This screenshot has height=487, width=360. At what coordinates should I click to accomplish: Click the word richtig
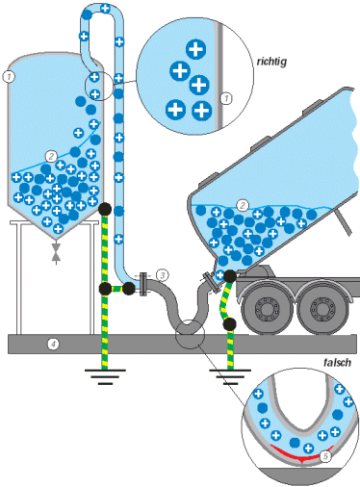pos(271,62)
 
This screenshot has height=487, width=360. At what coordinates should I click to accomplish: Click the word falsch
pos(337,363)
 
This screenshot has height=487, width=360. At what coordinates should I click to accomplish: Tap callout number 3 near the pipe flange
pos(163,275)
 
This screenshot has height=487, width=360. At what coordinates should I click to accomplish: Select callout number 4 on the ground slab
pos(53,345)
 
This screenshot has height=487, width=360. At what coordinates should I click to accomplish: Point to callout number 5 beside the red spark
pos(325,456)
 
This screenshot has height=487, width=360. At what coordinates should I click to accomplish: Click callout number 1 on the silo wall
pos(9,77)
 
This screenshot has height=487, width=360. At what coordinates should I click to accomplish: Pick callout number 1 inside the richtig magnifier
pos(226,98)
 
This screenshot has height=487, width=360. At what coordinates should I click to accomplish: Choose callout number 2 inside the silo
pos(51,157)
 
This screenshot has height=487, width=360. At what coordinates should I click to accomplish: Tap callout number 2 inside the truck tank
pos(243,205)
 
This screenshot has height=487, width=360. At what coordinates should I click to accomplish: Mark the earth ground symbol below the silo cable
pos(105,376)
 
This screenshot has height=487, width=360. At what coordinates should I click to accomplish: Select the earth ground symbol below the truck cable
pos(230,376)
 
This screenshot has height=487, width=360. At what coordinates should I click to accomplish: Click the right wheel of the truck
pos(320,310)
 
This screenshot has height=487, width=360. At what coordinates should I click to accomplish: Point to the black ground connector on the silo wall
pos(105,209)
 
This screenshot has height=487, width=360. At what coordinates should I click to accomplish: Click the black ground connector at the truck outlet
pos(230,276)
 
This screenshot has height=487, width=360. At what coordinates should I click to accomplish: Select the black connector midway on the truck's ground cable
pos(229,324)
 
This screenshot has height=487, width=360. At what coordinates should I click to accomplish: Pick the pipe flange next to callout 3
pos(142,283)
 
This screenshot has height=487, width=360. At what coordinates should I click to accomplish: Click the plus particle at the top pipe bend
pos(106,9)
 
